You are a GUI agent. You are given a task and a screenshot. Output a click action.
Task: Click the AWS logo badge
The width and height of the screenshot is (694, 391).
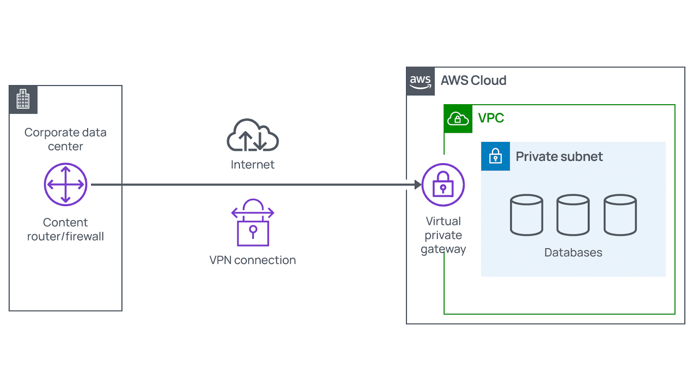click(x=420, y=81)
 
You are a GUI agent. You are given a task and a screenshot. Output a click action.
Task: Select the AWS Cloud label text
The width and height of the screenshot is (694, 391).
click(x=473, y=81)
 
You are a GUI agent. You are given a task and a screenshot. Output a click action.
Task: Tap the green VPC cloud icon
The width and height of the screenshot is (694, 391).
click(x=458, y=118)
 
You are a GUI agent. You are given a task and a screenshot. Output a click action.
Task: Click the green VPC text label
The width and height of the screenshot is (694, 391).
click(x=491, y=118)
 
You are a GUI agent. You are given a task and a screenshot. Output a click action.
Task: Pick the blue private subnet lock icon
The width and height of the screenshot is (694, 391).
click(x=495, y=156)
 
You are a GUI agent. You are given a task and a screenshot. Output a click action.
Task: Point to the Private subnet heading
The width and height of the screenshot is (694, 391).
click(x=559, y=157)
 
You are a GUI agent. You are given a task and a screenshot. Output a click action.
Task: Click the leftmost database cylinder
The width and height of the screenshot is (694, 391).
click(x=527, y=215)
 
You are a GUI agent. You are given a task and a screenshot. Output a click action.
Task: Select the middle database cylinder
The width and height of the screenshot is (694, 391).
click(x=573, y=215)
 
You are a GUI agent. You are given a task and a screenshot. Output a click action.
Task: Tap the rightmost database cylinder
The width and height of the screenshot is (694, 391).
click(x=620, y=215)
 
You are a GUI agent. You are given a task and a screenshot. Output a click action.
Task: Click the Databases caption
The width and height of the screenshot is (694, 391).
click(x=573, y=253)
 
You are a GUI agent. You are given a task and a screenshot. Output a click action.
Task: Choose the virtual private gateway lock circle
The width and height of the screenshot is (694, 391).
click(x=443, y=185)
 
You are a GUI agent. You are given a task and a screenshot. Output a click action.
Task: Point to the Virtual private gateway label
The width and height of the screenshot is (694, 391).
click(x=443, y=235)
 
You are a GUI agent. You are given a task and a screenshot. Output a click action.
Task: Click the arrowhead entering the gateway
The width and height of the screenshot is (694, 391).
click(x=418, y=185)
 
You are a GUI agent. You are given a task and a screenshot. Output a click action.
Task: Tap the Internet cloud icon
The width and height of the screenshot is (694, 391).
click(x=252, y=135)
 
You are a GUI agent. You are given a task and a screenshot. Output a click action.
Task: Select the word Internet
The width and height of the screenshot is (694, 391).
click(x=252, y=165)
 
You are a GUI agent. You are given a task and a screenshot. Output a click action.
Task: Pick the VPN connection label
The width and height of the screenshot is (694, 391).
click(x=252, y=260)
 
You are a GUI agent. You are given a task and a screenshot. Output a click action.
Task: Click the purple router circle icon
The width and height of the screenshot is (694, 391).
click(x=65, y=184)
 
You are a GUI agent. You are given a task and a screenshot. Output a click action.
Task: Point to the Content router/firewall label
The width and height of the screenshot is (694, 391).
click(x=65, y=230)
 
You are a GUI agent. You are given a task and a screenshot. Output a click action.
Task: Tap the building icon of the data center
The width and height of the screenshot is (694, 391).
click(x=23, y=99)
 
